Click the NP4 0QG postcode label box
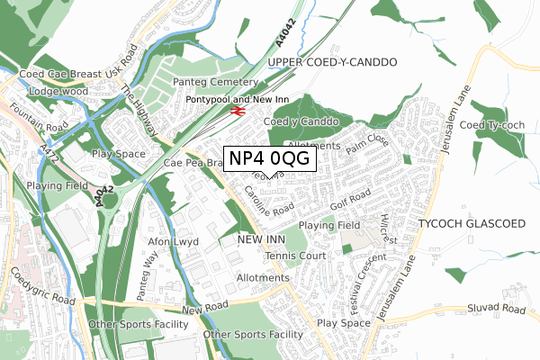click(x=269, y=157)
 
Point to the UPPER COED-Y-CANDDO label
click(x=332, y=63)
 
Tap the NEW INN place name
click(x=261, y=239)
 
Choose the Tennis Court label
click(x=294, y=256)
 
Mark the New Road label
click(x=201, y=309)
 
